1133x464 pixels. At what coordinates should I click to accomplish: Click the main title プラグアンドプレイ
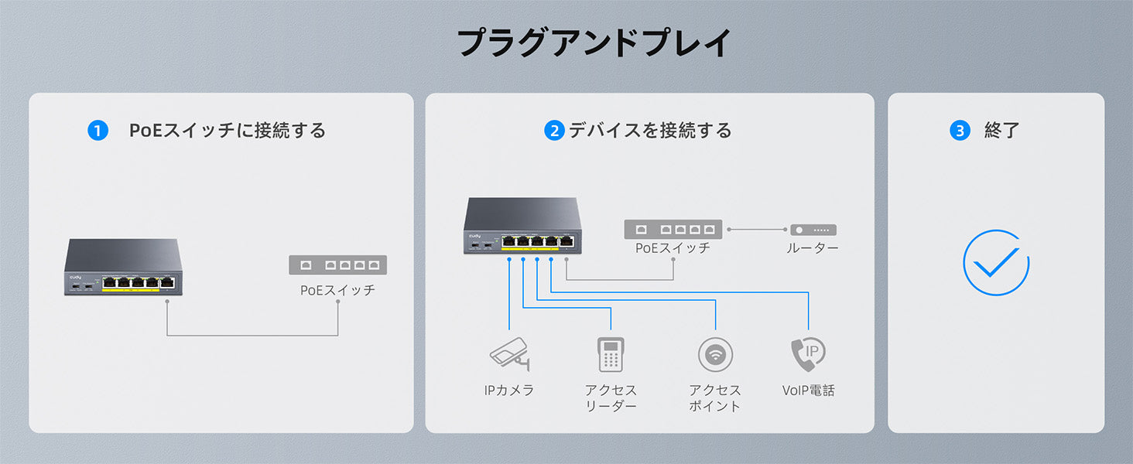(594, 43)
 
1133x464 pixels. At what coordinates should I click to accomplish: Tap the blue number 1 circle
(98, 131)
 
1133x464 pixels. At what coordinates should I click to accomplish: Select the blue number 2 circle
(554, 131)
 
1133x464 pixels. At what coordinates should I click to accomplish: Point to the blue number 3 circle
(960, 131)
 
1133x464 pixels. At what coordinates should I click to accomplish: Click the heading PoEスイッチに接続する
(228, 131)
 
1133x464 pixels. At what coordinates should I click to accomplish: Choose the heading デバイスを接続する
(650, 131)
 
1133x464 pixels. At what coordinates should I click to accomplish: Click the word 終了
(1002, 131)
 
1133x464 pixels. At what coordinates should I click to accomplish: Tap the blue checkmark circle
(996, 263)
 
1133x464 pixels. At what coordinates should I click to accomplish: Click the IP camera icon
(509, 354)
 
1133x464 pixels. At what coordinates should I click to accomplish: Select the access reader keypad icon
(611, 354)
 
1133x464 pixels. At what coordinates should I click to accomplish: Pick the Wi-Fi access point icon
(715, 355)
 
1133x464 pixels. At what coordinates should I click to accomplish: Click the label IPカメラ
(509, 391)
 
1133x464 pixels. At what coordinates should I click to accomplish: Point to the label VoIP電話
(809, 391)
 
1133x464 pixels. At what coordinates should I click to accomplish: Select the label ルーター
(813, 248)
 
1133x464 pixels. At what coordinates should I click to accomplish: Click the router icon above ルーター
(813, 230)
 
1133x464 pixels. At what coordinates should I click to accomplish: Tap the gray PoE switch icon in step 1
(337, 265)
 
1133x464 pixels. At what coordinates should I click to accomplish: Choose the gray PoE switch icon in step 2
(673, 230)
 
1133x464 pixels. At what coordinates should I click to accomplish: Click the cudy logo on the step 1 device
(75, 277)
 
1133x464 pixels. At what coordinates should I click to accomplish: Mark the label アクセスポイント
(715, 398)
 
